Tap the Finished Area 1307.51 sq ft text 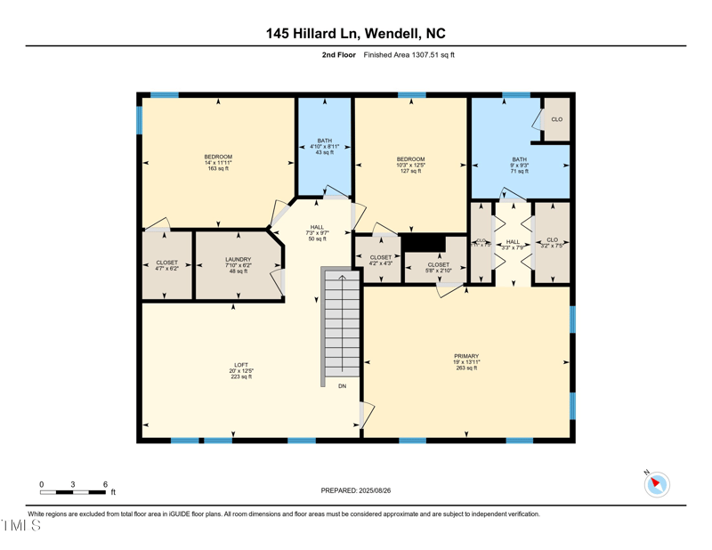click(x=409, y=55)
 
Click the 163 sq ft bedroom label click(x=218, y=163)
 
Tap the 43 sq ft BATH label click(x=324, y=146)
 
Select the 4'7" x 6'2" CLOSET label click(x=166, y=265)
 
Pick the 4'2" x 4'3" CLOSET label click(x=380, y=260)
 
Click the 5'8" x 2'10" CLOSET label click(x=438, y=267)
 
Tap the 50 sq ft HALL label click(x=317, y=232)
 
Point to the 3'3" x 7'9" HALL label click(x=513, y=244)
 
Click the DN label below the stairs click(x=342, y=386)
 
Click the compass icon click(x=657, y=484)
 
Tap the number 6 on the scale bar click(x=105, y=484)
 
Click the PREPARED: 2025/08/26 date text click(x=356, y=490)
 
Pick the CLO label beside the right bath click(x=556, y=119)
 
